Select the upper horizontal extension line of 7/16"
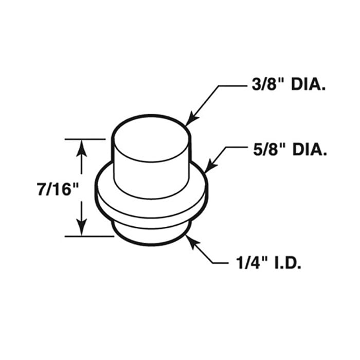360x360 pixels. [x=85, y=139]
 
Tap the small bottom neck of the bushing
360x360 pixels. [x=152, y=234]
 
